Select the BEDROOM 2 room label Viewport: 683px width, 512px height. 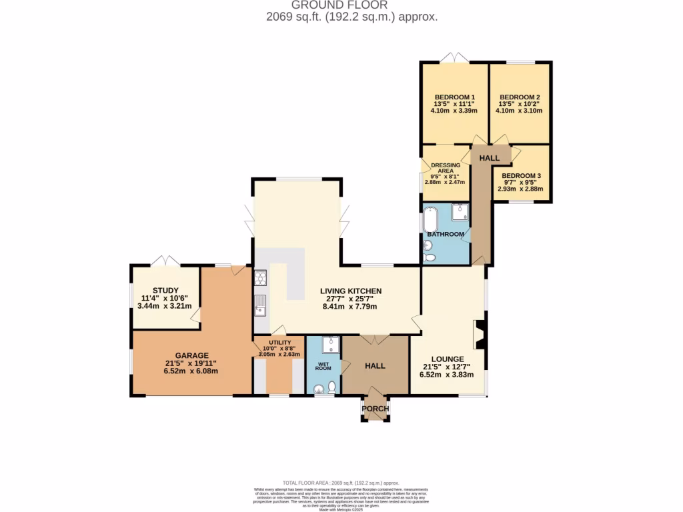[519, 97]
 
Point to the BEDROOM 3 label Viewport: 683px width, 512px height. [520, 176]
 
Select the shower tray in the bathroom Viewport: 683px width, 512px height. [460, 212]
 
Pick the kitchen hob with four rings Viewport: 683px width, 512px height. [260, 277]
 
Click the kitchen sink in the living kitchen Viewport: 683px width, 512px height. [260, 305]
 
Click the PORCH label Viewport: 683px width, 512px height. [375, 409]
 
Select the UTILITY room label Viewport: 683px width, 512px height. [280, 343]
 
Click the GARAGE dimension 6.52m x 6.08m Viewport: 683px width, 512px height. [191, 371]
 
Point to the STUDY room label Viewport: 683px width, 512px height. [165, 290]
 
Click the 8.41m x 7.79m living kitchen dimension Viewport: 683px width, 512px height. [350, 307]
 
